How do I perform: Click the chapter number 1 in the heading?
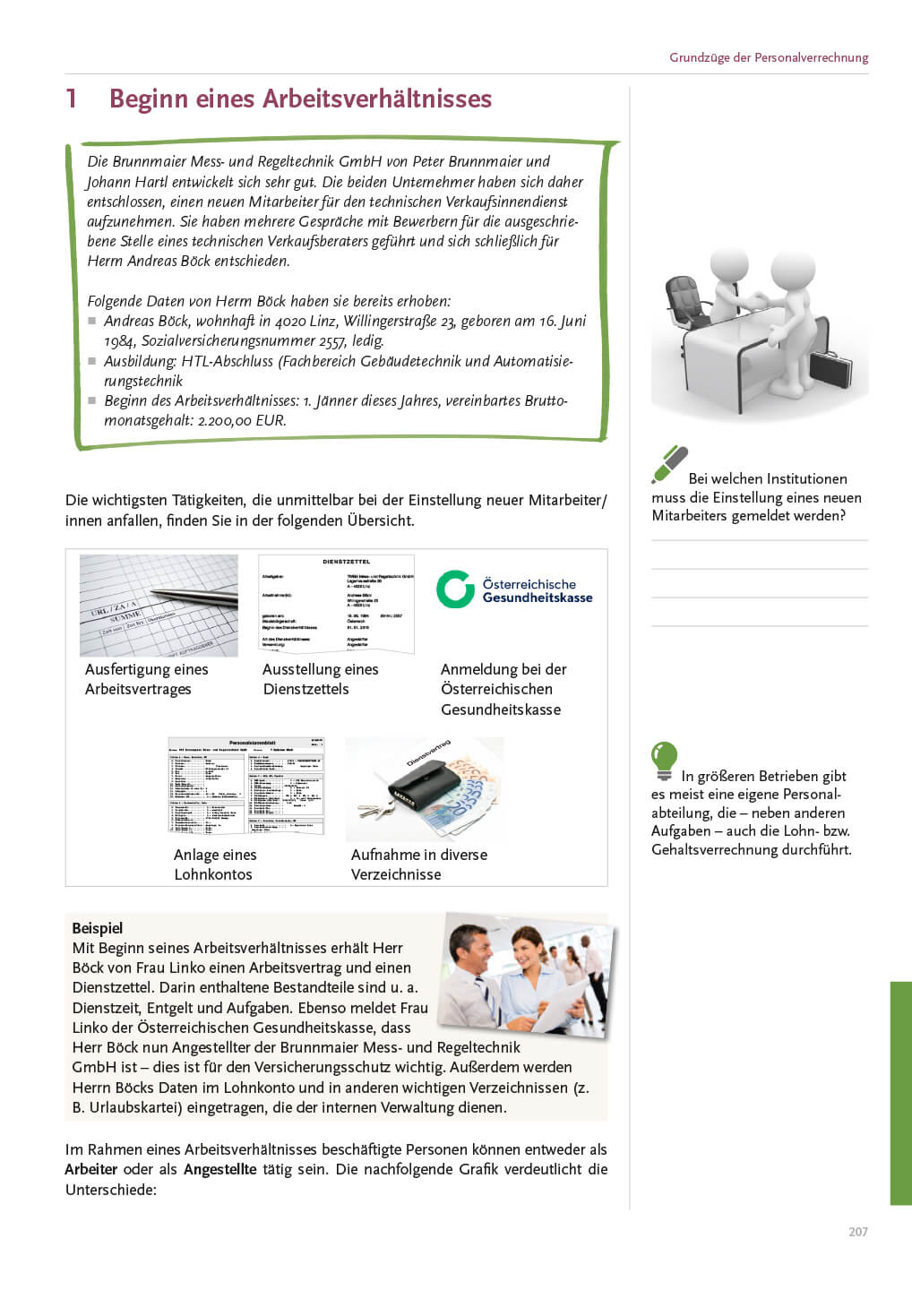coord(71,99)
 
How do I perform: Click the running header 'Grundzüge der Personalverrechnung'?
coord(768,57)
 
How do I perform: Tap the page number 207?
coord(857,1232)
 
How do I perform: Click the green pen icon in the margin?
coord(669,464)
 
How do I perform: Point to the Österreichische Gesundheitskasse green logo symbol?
coord(455,589)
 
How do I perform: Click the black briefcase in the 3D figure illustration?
coord(830,368)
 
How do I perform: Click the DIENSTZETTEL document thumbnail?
coord(336,604)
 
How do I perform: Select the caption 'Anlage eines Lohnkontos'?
coord(215,864)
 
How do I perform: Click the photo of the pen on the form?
coord(159,605)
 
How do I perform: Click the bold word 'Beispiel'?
coord(97,928)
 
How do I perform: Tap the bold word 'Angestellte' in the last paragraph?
coord(219,1169)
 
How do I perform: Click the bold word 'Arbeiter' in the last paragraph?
coord(90,1169)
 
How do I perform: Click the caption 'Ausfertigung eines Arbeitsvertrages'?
coord(146,679)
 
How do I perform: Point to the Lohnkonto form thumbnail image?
coord(245,786)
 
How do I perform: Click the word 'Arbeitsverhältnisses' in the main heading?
coord(389,99)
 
